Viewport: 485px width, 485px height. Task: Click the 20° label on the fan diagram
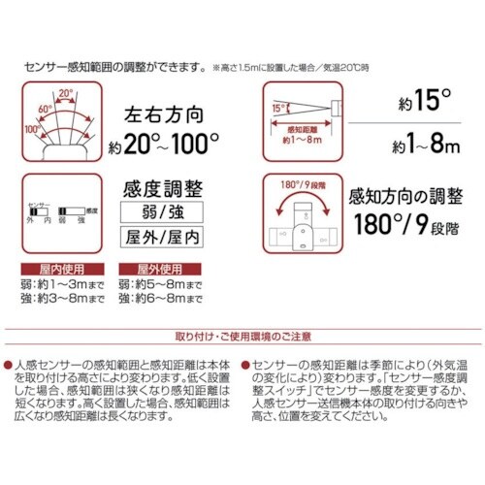coord(64,94)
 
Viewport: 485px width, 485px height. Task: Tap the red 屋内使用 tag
coord(53,267)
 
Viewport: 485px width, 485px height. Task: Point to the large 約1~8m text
coord(419,146)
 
